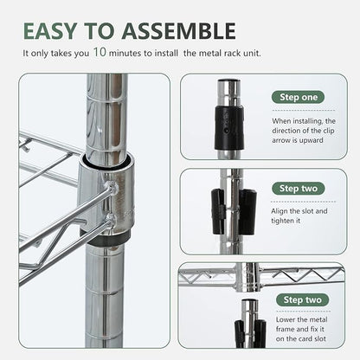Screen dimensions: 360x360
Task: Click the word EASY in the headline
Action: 50,31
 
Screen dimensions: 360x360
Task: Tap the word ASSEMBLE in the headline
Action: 179,31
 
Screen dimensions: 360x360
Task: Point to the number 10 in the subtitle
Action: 100,52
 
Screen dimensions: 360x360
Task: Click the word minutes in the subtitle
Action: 126,54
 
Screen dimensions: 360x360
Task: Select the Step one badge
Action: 298,97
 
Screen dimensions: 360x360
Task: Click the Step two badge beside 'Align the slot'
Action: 299,189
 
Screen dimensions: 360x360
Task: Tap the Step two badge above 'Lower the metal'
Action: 302,300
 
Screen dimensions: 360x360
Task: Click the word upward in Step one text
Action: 310,141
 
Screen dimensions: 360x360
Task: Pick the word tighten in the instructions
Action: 282,221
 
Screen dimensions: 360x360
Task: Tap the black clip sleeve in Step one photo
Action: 229,128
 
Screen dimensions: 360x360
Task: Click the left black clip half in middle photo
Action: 218,211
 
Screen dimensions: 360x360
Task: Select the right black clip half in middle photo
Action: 247,211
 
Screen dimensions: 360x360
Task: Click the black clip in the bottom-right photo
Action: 250,333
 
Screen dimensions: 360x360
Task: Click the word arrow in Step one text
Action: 281,141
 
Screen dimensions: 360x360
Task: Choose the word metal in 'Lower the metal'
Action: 318,319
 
